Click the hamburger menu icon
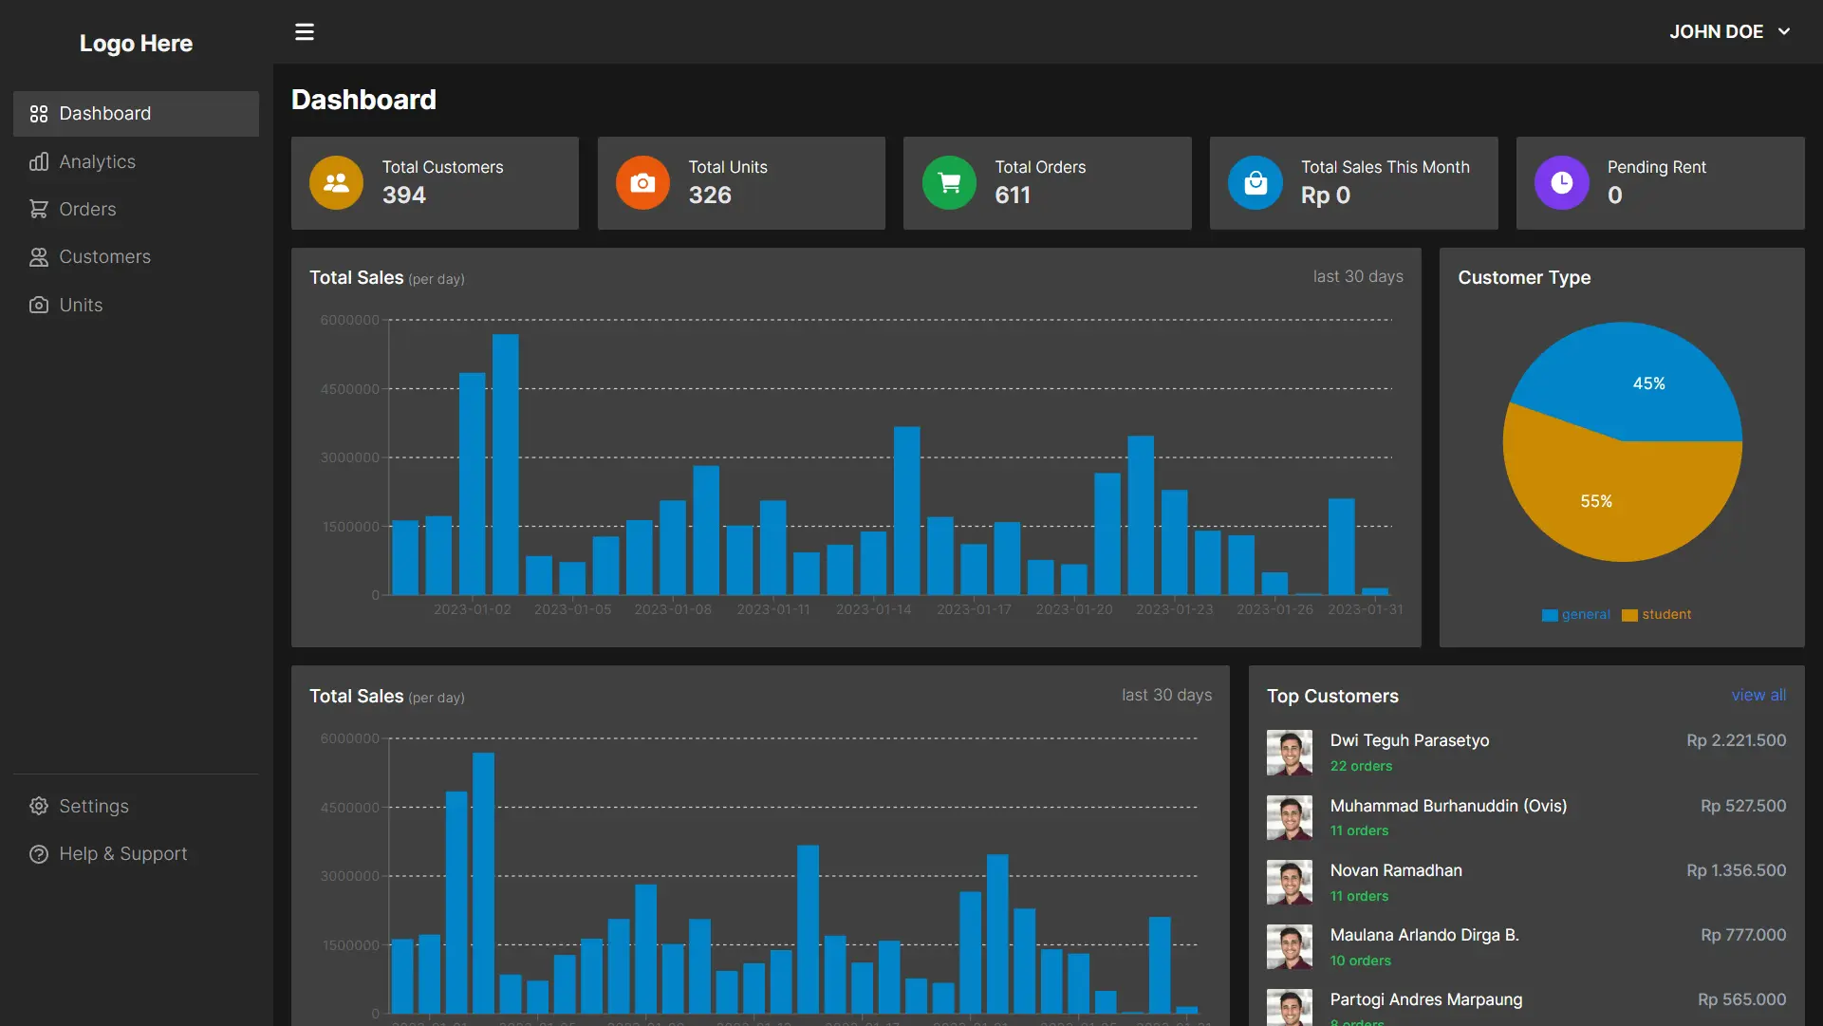[x=304, y=32]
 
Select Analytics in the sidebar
[x=97, y=162]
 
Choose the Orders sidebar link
[x=87, y=210]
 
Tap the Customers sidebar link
[x=104, y=257]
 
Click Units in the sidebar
[x=81, y=306]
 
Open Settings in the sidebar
[x=93, y=807]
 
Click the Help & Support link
[x=122, y=854]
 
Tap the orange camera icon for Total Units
[x=642, y=183]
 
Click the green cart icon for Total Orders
[x=949, y=183]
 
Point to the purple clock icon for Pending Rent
[x=1561, y=183]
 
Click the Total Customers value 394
[x=404, y=196]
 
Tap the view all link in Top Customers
[x=1758, y=696]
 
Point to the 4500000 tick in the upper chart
[x=349, y=389]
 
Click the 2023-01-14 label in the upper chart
[x=873, y=609]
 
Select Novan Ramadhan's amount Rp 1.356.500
[x=1736, y=871]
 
